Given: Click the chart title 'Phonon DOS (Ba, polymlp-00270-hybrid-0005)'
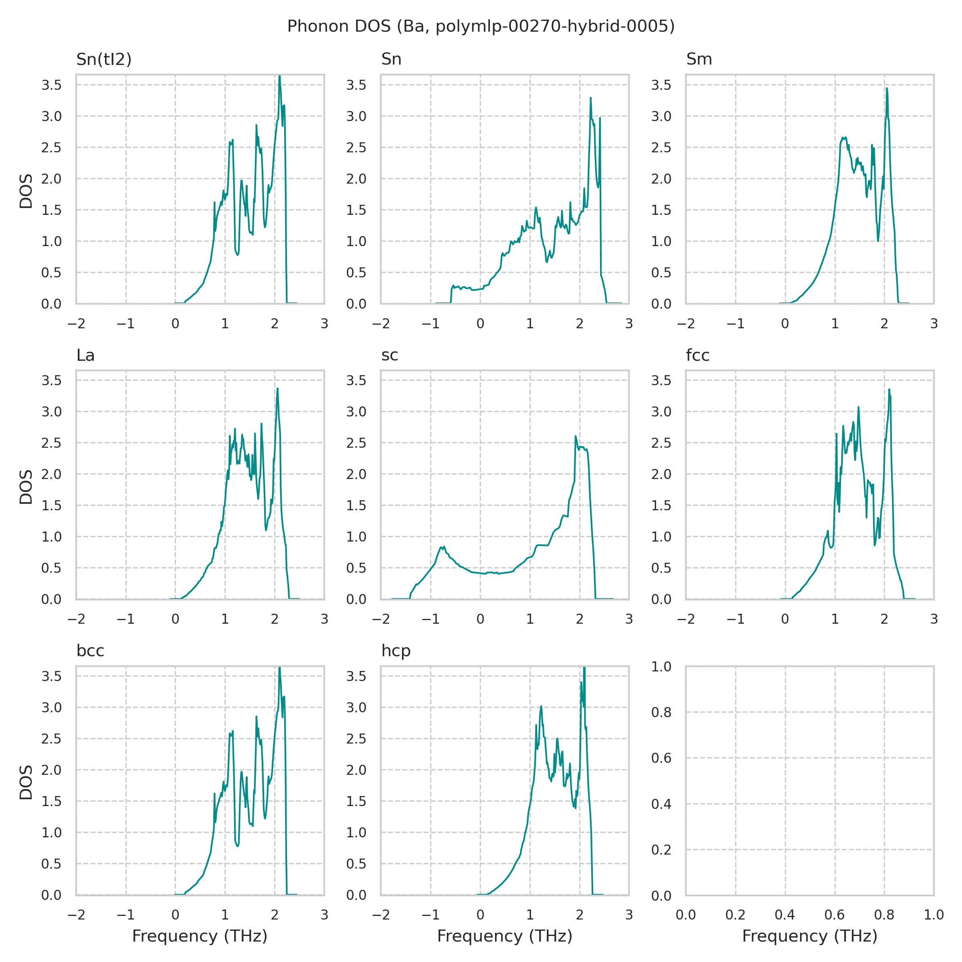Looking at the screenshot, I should tap(481, 26).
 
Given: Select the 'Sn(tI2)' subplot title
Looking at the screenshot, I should tap(103, 59).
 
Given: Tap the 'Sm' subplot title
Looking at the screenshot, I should tap(699, 59).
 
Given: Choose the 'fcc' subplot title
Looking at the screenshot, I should tap(697, 355).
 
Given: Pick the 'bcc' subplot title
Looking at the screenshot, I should tap(90, 651).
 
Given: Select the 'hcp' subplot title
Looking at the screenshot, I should tap(396, 651).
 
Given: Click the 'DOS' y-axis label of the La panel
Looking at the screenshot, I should tap(26, 487).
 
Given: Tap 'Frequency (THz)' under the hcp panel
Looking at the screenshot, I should tap(504, 936).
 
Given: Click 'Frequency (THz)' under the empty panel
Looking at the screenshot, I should tap(810, 936).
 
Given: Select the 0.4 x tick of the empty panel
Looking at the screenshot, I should tap(785, 915).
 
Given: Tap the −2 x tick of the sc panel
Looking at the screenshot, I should tap(381, 619).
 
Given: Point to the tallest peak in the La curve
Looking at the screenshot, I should tap(277, 389).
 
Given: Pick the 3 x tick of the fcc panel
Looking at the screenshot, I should tap(934, 619).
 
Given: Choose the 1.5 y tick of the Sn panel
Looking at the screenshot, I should tap(356, 210).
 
